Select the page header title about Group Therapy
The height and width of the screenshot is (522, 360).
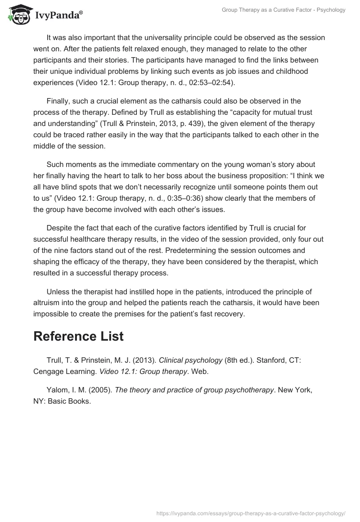[x=283, y=9]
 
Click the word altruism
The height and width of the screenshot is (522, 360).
[x=48, y=303]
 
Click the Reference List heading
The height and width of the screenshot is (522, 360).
[x=79, y=336]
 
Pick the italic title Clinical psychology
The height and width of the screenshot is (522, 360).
[x=191, y=360]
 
